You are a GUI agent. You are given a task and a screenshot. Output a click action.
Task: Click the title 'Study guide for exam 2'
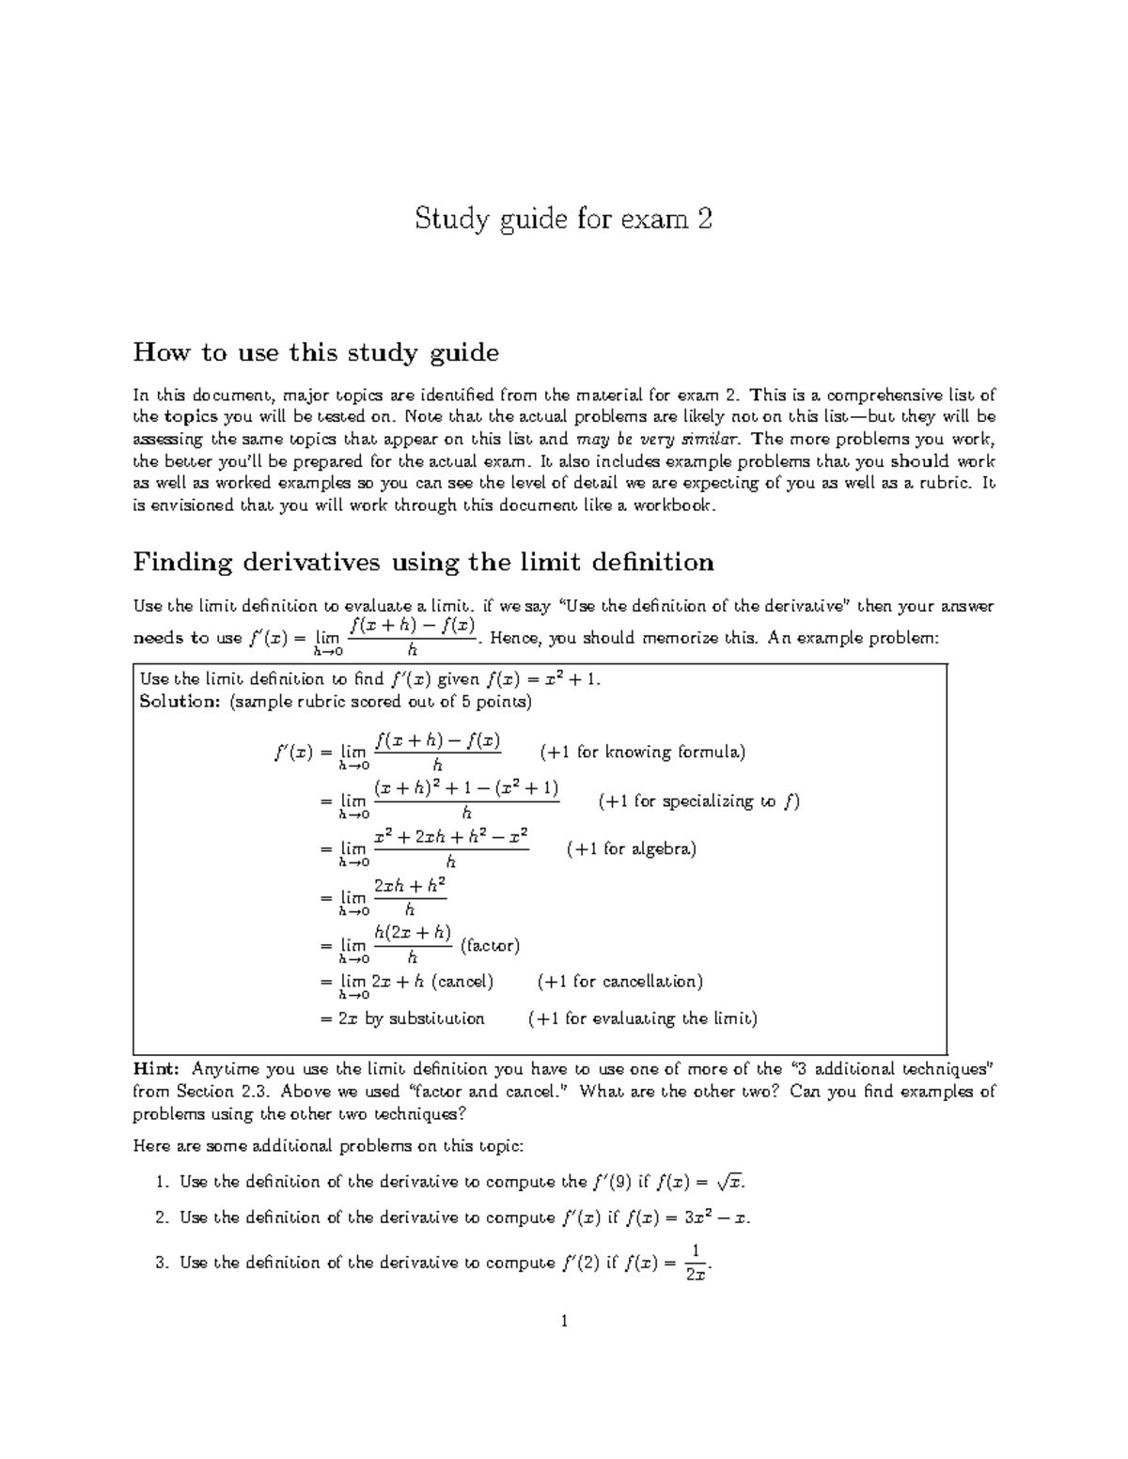coord(564,221)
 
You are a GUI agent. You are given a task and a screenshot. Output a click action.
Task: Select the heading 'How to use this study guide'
coord(316,353)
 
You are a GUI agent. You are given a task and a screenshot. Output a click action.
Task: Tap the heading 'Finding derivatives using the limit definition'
coord(423,563)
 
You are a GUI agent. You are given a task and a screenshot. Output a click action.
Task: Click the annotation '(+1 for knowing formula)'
coord(643,752)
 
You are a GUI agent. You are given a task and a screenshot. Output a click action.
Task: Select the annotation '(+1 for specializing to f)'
coord(698,801)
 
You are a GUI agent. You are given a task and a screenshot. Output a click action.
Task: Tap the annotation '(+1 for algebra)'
coord(632,849)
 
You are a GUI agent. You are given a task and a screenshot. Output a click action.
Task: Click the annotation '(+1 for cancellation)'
coord(620,982)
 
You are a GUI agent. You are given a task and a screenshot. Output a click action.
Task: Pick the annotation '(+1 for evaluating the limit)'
coord(643,1018)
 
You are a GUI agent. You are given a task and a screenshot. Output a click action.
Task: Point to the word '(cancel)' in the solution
coord(462,982)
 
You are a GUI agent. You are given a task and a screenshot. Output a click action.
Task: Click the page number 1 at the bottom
coord(564,1322)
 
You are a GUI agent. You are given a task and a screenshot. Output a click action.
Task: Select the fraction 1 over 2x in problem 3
coord(695,1263)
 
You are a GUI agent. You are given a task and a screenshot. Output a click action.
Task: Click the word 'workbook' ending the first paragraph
coord(678,506)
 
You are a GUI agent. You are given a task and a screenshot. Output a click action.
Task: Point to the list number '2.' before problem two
coord(162,1218)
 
